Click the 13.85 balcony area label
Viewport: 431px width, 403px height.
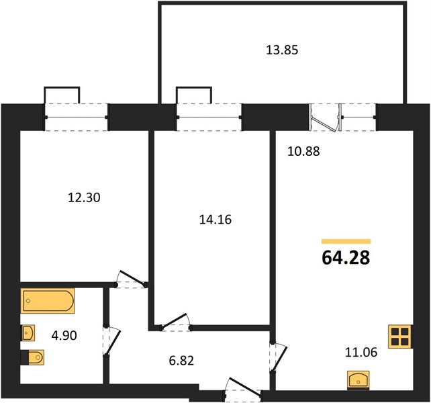(x=282, y=50)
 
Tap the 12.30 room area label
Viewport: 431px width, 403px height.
(x=84, y=197)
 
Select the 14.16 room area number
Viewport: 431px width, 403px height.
(x=215, y=220)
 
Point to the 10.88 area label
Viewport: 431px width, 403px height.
(x=303, y=151)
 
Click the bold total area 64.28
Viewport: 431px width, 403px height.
(x=346, y=258)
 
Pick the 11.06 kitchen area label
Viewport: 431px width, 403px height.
(x=361, y=353)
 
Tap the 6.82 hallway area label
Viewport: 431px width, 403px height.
(x=181, y=361)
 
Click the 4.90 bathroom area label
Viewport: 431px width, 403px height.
(x=64, y=336)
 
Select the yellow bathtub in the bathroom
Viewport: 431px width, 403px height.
(x=48, y=301)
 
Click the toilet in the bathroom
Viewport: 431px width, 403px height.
(x=33, y=357)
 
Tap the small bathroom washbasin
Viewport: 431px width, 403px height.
(x=28, y=333)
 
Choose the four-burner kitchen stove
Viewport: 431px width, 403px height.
(x=401, y=337)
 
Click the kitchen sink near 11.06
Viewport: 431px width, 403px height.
(x=358, y=380)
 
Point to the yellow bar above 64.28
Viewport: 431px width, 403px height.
(x=346, y=242)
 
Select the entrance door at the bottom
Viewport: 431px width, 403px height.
(x=243, y=388)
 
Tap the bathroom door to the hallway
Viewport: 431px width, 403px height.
(x=112, y=341)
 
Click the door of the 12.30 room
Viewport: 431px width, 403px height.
(x=131, y=279)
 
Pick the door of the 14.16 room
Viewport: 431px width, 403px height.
(x=175, y=321)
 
